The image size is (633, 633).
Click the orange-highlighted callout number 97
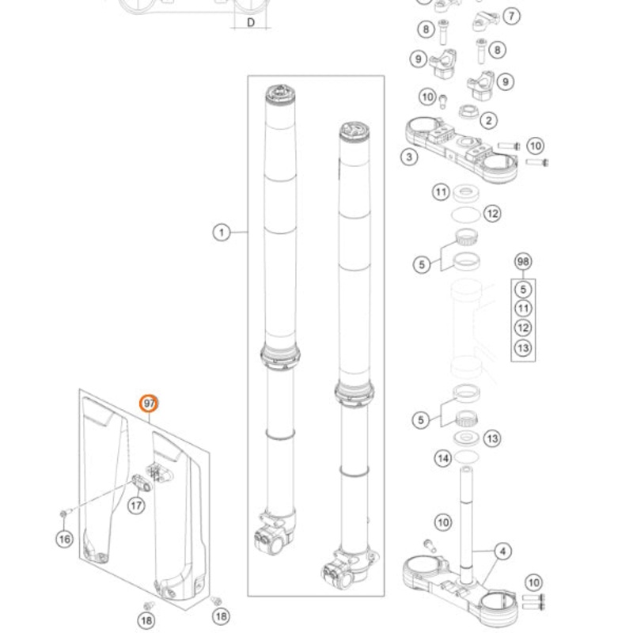click(x=149, y=404)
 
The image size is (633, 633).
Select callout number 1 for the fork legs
click(x=221, y=232)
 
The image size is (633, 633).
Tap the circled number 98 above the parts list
click(x=522, y=262)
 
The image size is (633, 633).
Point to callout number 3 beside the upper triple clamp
click(x=409, y=157)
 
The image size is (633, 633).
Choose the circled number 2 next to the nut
click(x=489, y=121)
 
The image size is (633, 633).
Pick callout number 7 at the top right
click(x=511, y=16)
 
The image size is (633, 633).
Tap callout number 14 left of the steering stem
click(x=443, y=457)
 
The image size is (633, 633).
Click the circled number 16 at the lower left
click(x=64, y=539)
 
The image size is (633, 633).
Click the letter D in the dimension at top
click(x=250, y=22)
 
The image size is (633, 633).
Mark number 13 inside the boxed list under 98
click(x=522, y=347)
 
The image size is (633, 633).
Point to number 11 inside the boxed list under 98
click(x=522, y=309)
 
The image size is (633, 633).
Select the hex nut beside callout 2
click(x=465, y=112)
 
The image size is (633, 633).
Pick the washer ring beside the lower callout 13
click(x=466, y=438)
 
